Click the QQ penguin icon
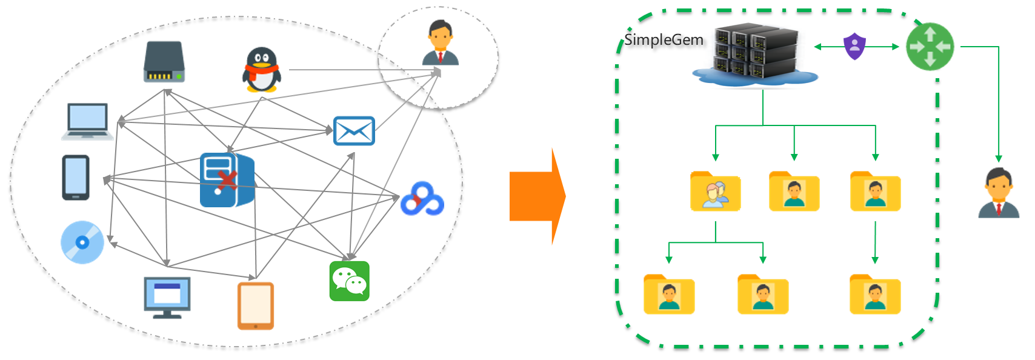click(x=262, y=70)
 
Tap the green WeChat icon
click(x=350, y=281)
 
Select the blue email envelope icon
click(x=354, y=131)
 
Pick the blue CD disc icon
click(x=82, y=242)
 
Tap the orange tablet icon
click(x=255, y=306)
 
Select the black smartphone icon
click(x=76, y=178)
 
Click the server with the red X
click(x=226, y=180)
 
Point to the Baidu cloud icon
click(x=422, y=199)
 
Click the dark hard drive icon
click(x=164, y=62)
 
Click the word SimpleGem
click(x=664, y=40)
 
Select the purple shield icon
click(x=854, y=46)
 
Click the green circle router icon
click(x=930, y=47)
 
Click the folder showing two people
click(x=716, y=192)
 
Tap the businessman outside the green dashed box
click(x=999, y=193)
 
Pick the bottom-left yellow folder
click(x=669, y=295)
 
